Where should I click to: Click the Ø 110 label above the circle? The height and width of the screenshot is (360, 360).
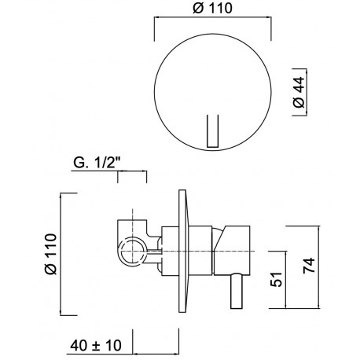[212, 8]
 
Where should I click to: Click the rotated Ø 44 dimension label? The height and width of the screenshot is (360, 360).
[299, 92]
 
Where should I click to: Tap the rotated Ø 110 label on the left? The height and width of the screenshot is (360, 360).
[51, 254]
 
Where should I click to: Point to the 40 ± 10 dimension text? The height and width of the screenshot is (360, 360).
[96, 345]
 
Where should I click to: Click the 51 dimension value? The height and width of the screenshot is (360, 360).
[276, 279]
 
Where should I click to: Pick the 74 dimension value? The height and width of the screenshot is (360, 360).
[309, 266]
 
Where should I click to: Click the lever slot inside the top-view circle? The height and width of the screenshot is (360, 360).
[212, 131]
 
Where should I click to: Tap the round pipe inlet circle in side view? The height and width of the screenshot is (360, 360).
[133, 251]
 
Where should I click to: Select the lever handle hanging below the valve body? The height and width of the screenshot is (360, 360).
[237, 292]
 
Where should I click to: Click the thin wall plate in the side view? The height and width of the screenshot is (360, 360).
[183, 251]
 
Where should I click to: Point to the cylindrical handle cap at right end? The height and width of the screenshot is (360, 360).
[232, 251]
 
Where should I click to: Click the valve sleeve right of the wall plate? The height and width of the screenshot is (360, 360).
[200, 251]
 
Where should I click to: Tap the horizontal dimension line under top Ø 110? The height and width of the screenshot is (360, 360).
[212, 17]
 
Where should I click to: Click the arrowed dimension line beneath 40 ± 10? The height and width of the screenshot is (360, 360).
[156, 354]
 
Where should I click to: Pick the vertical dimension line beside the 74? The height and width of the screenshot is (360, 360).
[319, 267]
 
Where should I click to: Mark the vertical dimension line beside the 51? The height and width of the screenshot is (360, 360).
[285, 280]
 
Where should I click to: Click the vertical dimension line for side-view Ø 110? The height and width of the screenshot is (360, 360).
[61, 254]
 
